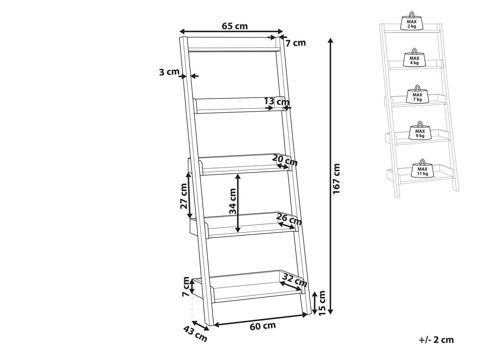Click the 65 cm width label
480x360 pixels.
[x=235, y=26]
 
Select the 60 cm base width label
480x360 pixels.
[x=262, y=326]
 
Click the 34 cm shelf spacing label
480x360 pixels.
[x=233, y=201]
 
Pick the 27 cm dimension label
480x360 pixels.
[x=184, y=196]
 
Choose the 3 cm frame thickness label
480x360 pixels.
[x=169, y=72]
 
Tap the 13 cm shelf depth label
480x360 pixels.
[x=276, y=102]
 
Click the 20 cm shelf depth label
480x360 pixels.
[x=285, y=161]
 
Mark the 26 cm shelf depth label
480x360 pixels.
[x=289, y=219]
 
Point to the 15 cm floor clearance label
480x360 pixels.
[x=322, y=303]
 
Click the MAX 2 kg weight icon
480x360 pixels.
[x=412, y=22]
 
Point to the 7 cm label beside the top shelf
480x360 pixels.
[x=296, y=43]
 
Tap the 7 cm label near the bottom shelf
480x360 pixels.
[x=186, y=286]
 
